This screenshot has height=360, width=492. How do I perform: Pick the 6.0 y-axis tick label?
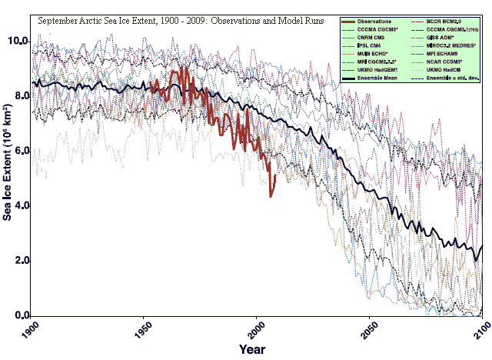21,150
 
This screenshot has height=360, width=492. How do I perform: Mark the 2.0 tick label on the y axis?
21,261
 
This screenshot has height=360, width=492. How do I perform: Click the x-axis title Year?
251,350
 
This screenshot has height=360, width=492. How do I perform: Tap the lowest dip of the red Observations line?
271,196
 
